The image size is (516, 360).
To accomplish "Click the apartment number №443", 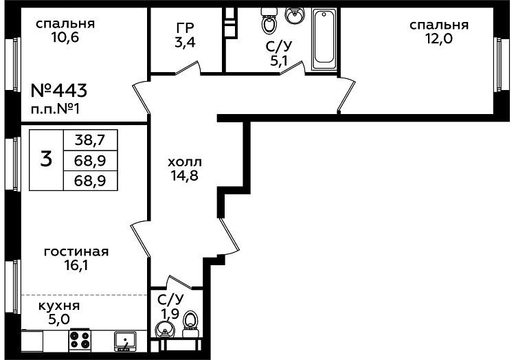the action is (59, 91).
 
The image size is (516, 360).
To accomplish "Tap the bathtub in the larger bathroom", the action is (324, 39).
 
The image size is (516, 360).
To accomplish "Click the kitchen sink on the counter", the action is (125, 341).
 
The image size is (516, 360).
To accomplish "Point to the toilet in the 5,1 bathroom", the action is (269, 21).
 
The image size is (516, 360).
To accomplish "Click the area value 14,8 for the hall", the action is (184, 176).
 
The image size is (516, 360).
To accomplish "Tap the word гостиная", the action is (76, 251).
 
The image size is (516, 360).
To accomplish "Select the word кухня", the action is (59, 306).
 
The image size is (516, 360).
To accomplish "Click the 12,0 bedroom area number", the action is (439, 39).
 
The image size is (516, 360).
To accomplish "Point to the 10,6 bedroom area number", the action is (65, 38).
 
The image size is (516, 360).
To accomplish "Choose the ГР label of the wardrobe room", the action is (185, 27).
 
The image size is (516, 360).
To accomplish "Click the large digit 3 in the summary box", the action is (46, 159).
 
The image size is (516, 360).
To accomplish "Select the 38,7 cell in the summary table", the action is (90, 140).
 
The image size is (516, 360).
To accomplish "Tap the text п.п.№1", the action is (55, 109).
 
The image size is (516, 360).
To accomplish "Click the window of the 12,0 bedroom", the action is (500, 65).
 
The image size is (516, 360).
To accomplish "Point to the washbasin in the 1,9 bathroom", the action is (164, 329).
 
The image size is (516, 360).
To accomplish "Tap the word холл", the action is (185, 162).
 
